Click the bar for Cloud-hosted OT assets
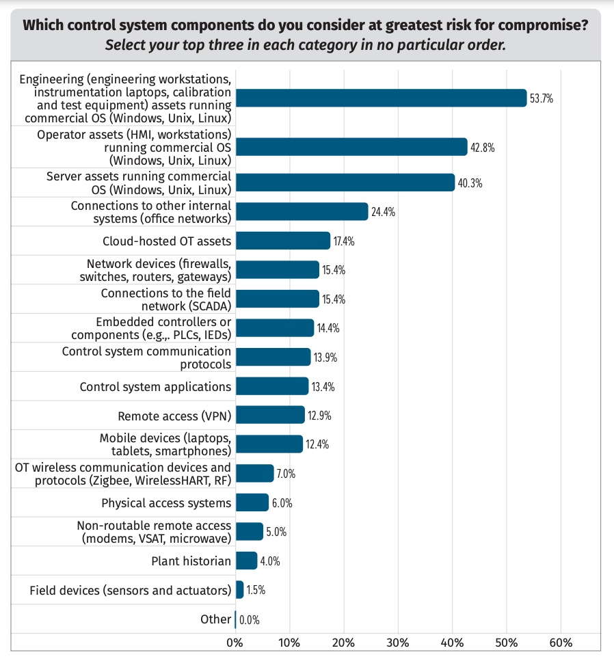282,241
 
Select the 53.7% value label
541,98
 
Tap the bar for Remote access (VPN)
269,415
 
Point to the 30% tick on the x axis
397,643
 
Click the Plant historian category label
191,561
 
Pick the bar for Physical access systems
252,502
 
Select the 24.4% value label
384,212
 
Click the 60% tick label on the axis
560,643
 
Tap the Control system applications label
155,386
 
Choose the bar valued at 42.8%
351,147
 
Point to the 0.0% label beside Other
249,620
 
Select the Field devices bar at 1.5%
239,590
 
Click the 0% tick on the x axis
235,643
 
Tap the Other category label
215,619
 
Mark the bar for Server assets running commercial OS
344,183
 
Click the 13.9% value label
325,358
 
